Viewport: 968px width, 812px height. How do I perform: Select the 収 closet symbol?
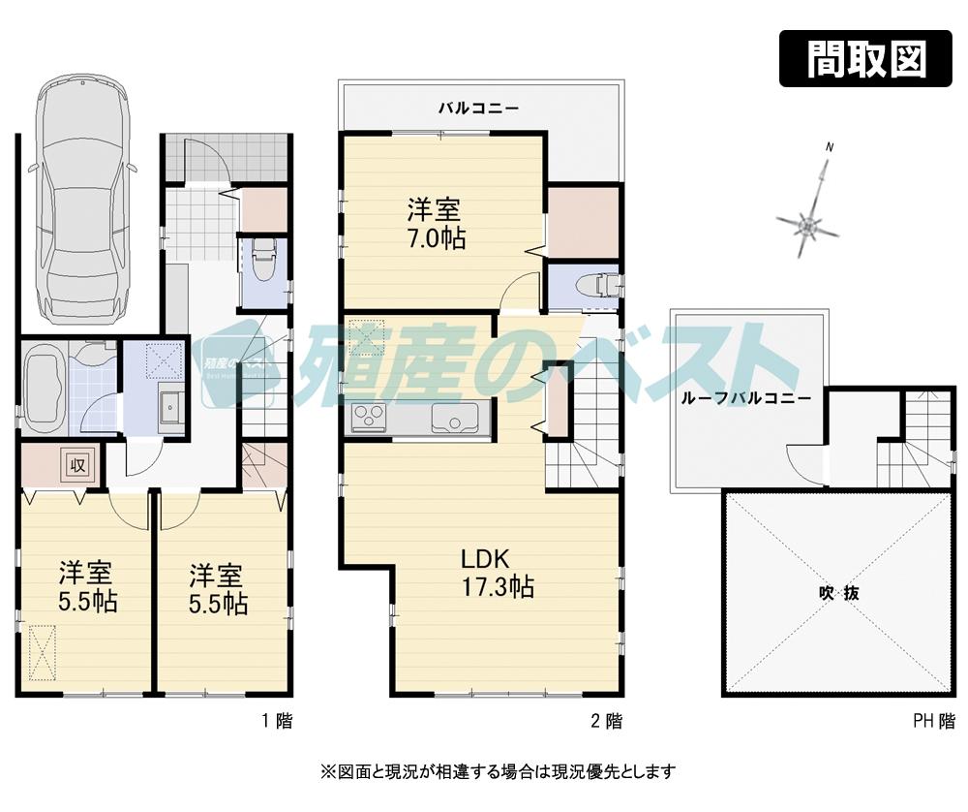(77, 464)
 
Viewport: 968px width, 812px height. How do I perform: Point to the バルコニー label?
(478, 108)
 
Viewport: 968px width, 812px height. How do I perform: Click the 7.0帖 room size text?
(435, 237)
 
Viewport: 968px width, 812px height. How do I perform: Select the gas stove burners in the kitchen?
(369, 418)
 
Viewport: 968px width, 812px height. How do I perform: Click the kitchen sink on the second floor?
(452, 419)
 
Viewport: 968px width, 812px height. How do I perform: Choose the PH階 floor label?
(932, 720)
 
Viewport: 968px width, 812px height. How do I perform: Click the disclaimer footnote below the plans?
(484, 771)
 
